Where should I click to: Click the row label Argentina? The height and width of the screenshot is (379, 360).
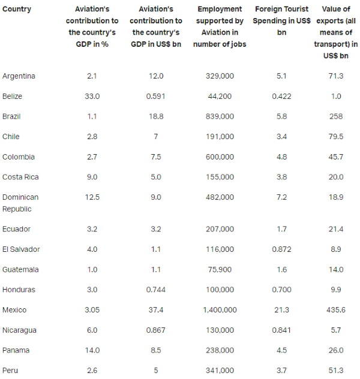pyautogui.click(x=19, y=76)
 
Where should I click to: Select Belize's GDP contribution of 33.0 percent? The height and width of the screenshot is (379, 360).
pyautogui.click(x=92, y=97)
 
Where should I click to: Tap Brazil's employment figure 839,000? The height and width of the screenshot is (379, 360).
pyautogui.click(x=220, y=117)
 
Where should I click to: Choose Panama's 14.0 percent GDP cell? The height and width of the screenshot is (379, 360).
pyautogui.click(x=92, y=350)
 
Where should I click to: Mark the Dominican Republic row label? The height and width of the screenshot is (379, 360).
pyautogui.click(x=20, y=203)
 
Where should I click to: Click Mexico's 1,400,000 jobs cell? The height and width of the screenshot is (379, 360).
pyautogui.click(x=220, y=310)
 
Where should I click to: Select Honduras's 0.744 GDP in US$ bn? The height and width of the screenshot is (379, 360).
pyautogui.click(x=155, y=290)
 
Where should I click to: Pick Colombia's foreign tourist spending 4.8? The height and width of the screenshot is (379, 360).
pyautogui.click(x=281, y=157)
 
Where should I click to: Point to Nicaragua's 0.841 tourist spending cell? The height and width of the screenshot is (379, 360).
pyautogui.click(x=281, y=330)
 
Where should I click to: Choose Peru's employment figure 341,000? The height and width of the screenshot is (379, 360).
pyautogui.click(x=220, y=371)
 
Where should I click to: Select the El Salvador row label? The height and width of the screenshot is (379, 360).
pyautogui.click(x=21, y=249)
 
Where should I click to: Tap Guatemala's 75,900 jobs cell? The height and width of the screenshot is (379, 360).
pyautogui.click(x=220, y=270)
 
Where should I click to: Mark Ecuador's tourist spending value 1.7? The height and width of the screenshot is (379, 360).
pyautogui.click(x=281, y=229)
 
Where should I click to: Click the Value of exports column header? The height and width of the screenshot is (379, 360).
pyautogui.click(x=336, y=33)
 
